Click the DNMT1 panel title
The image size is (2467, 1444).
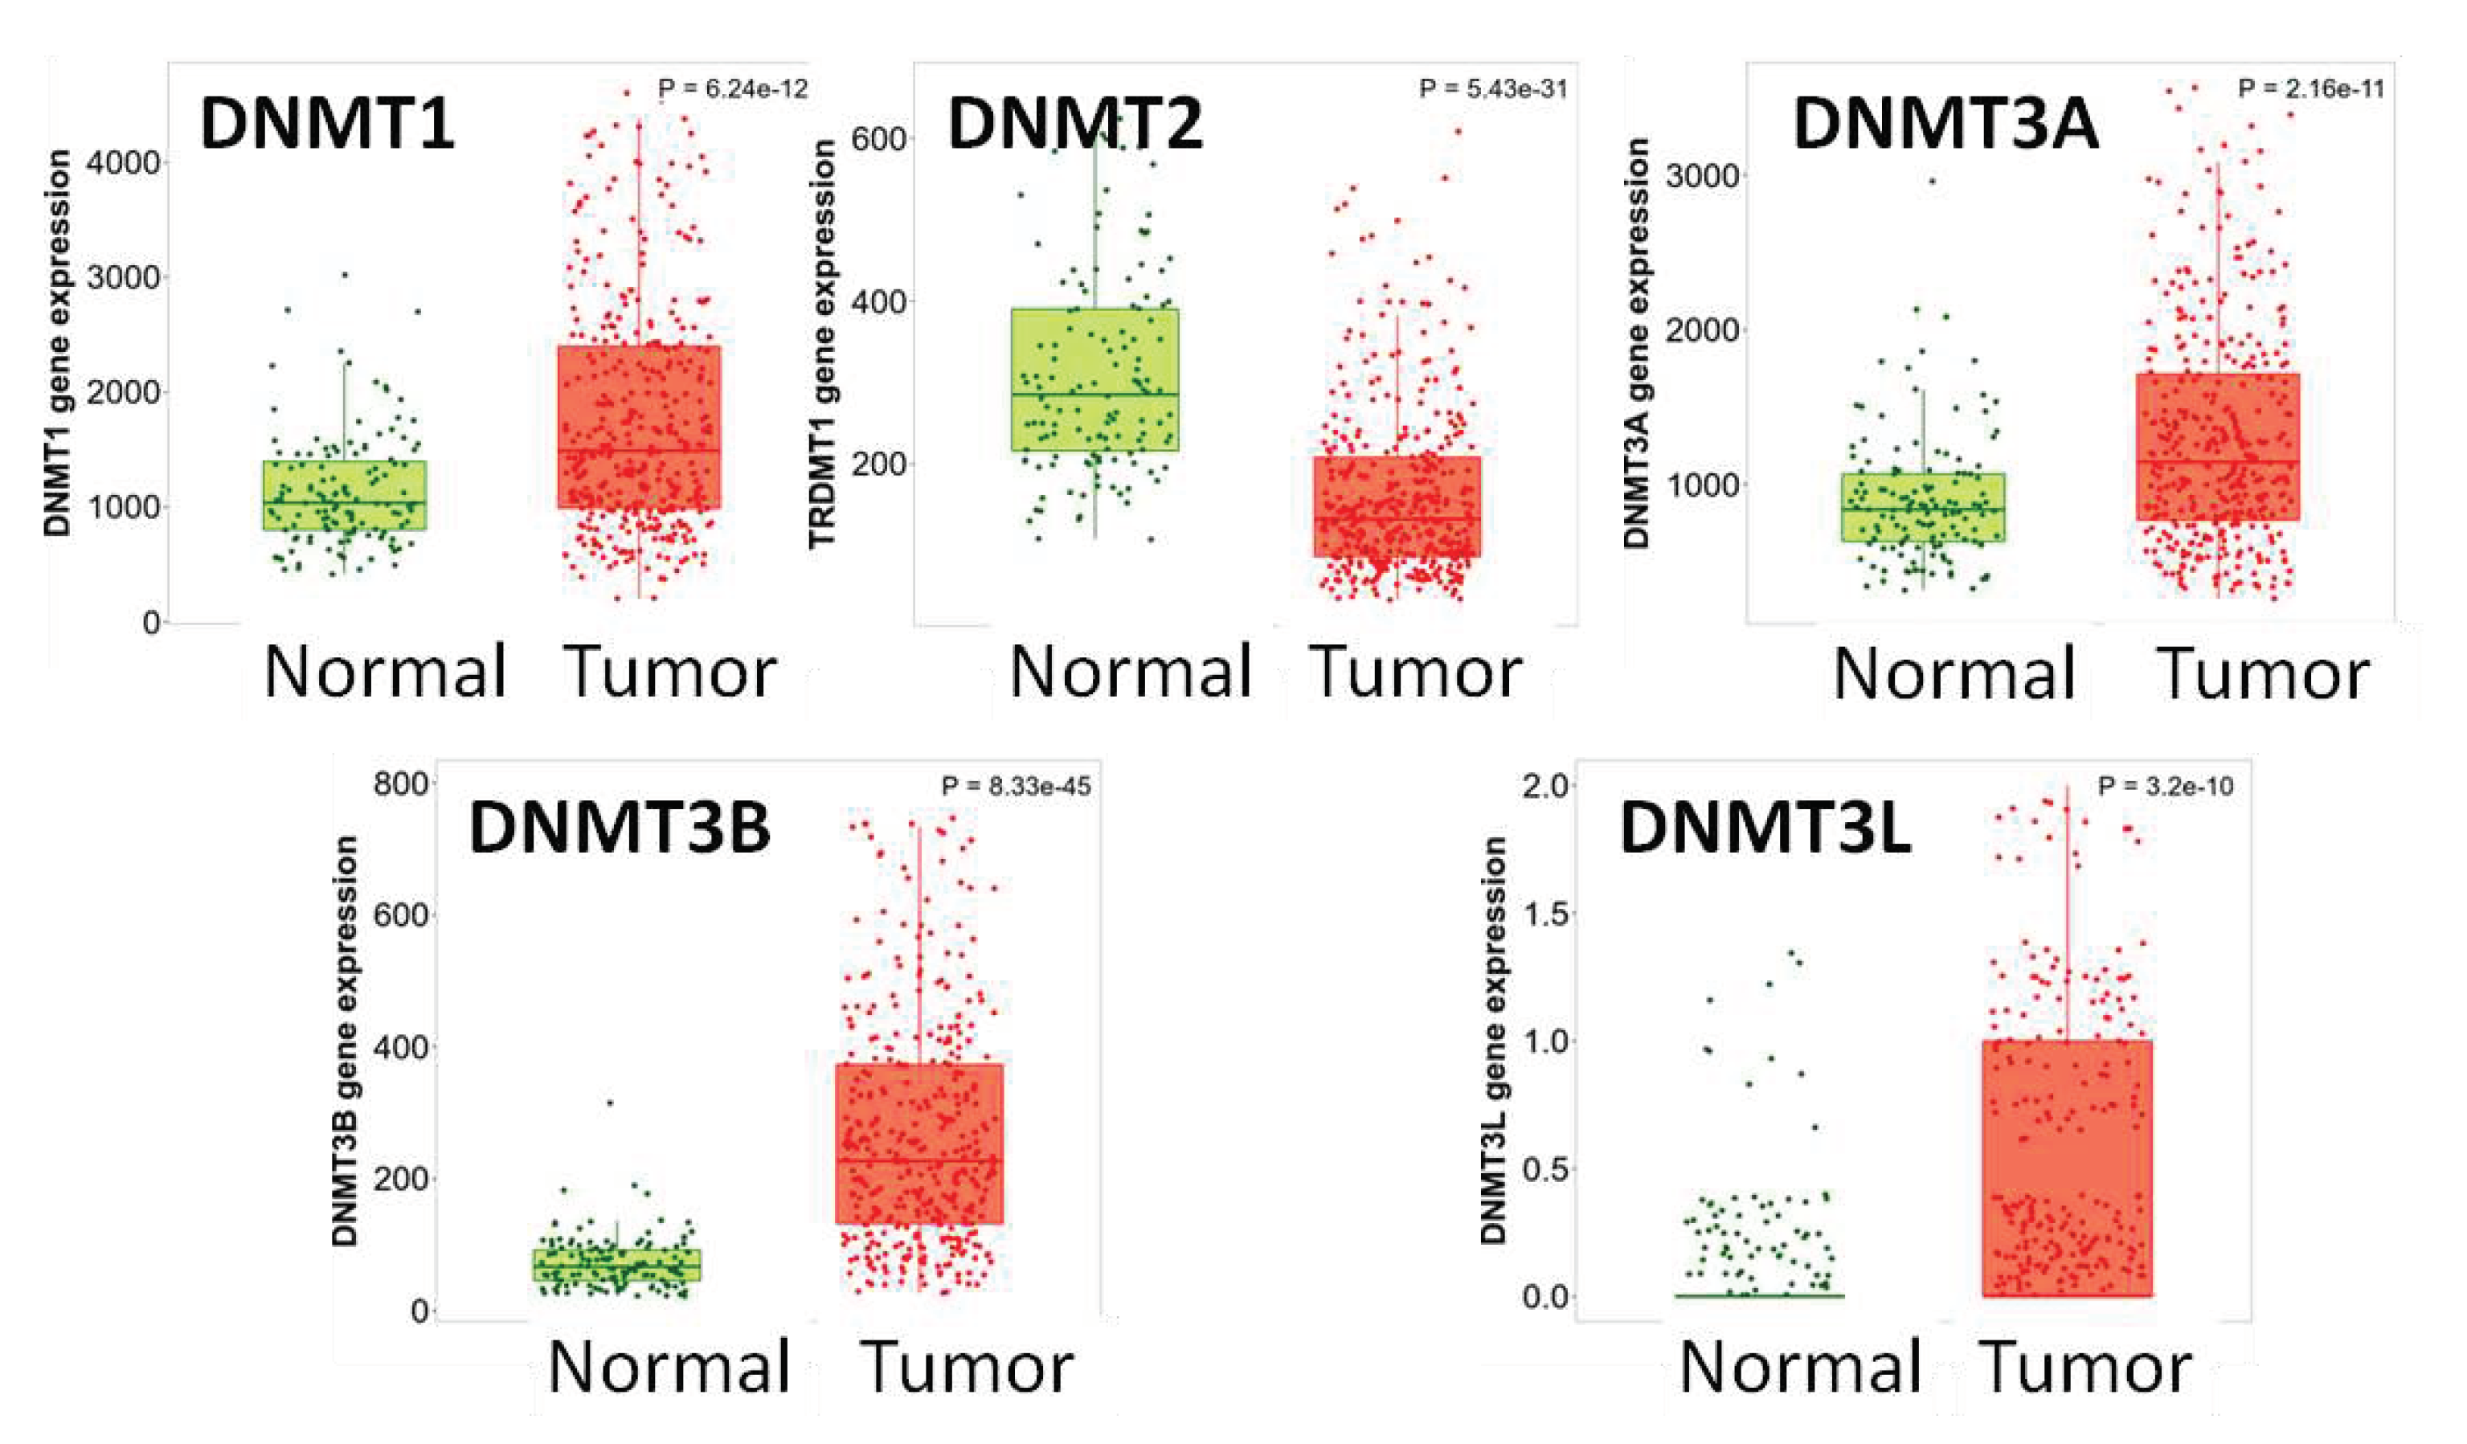pyautogui.click(x=327, y=125)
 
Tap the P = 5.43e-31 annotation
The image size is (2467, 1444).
pyautogui.click(x=1492, y=89)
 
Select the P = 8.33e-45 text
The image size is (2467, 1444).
pyautogui.click(x=1015, y=786)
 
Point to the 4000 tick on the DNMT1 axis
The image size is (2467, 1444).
pyautogui.click(x=122, y=162)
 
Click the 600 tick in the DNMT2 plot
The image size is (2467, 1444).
pyautogui.click(x=878, y=139)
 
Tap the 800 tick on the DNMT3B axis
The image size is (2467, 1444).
pyautogui.click(x=400, y=784)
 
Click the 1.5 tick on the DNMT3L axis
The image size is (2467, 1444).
pyautogui.click(x=1546, y=914)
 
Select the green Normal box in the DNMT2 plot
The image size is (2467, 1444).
pyautogui.click(x=1094, y=380)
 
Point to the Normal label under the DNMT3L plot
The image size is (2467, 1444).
pyautogui.click(x=1799, y=1367)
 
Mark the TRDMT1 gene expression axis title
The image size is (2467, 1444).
pyautogui.click(x=821, y=342)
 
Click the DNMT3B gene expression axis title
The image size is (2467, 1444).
pyautogui.click(x=345, y=1041)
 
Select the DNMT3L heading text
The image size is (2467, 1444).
pyautogui.click(x=1764, y=829)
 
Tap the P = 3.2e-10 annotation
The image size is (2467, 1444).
pyautogui.click(x=2165, y=786)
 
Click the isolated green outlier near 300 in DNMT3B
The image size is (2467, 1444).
pyautogui.click(x=610, y=1103)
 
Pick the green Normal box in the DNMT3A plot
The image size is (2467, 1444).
pyautogui.click(x=1921, y=507)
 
